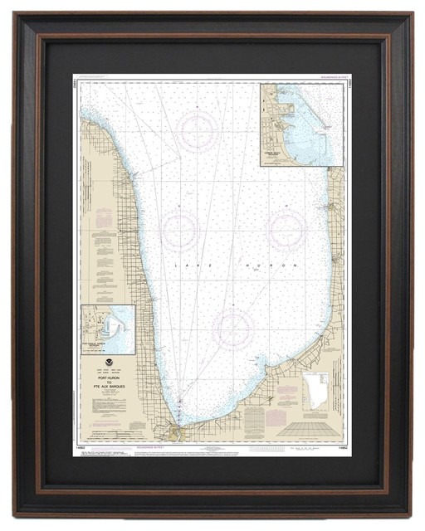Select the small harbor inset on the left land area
pyautogui.click(x=108, y=329)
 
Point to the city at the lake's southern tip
pyautogui.click(x=175, y=432)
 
